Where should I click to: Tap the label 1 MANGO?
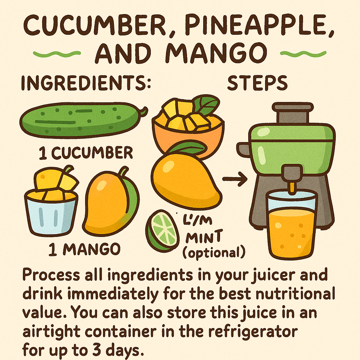(x=84, y=250)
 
